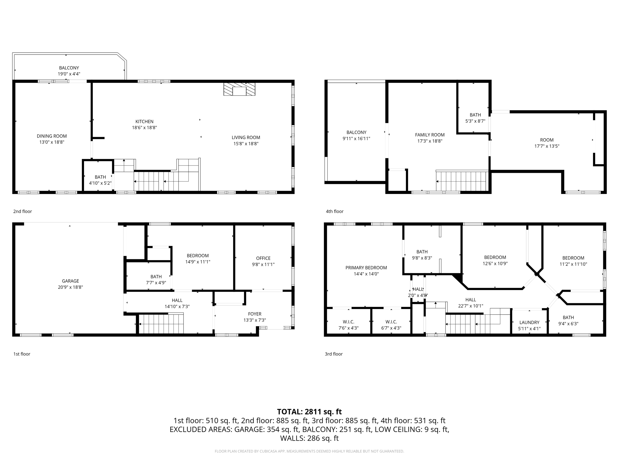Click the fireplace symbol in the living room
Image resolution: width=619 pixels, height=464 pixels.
[239, 89]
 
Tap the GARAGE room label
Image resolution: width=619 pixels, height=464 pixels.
[70, 281]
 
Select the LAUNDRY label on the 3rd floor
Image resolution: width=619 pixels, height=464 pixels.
[529, 322]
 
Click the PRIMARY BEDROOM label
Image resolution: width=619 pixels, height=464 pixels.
[366, 268]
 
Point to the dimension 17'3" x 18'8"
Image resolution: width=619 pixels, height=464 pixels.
[429, 141]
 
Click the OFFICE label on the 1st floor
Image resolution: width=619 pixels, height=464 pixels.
[263, 258]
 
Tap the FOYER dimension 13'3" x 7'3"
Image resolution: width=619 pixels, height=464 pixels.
[254, 320]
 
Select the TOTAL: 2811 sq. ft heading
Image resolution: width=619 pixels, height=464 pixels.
[309, 412]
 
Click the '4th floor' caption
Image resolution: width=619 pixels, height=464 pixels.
[334, 211]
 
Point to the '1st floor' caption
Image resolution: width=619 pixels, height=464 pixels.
[22, 354]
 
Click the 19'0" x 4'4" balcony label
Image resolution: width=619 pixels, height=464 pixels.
[69, 74]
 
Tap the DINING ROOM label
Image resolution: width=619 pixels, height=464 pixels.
[52, 136]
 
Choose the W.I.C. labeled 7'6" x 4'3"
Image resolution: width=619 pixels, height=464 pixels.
[348, 325]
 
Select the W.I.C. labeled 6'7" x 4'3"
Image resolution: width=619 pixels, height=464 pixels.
[391, 325]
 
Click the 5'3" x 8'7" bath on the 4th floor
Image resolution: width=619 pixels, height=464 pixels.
[475, 118]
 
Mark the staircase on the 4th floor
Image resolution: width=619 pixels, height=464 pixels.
[462, 181]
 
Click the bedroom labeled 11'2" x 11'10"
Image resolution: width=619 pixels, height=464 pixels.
[573, 261]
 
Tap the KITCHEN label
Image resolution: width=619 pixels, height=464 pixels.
[144, 121]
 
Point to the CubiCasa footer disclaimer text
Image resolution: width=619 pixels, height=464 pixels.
[309, 451]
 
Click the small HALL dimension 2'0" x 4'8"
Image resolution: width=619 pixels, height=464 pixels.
[418, 295]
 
